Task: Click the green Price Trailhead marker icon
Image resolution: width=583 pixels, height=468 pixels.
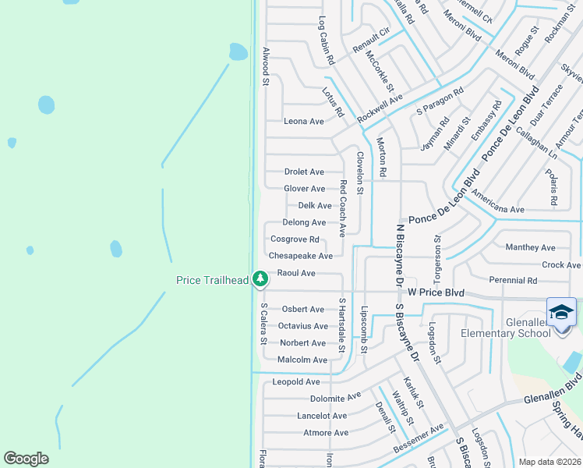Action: coord(260,278)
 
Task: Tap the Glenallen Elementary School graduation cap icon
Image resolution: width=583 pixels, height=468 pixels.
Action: coord(561,313)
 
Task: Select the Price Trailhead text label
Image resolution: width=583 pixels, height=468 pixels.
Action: coord(212,280)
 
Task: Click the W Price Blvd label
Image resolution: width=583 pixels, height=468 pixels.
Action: coord(436,292)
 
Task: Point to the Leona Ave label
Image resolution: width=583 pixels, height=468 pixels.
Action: coord(304,122)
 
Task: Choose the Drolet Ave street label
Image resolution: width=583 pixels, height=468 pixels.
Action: coord(304,172)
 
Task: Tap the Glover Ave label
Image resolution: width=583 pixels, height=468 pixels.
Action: coord(305,189)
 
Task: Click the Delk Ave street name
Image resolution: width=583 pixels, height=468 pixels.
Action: coord(315,206)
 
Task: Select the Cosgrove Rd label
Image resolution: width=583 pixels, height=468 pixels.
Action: coord(295,239)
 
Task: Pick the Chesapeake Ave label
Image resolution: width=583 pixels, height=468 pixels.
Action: coord(301,256)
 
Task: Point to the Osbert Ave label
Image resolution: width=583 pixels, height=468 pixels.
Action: coord(303,310)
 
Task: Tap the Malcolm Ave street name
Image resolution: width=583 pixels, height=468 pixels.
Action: coord(302,360)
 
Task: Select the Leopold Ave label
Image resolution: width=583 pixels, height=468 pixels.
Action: coord(297,382)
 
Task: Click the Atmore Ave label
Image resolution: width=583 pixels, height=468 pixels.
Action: coord(326,433)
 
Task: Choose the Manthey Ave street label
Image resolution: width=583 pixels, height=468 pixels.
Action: coord(530,248)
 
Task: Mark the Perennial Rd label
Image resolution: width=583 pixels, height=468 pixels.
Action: coord(513,280)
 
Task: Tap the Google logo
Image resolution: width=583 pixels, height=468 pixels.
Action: coord(26,459)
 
